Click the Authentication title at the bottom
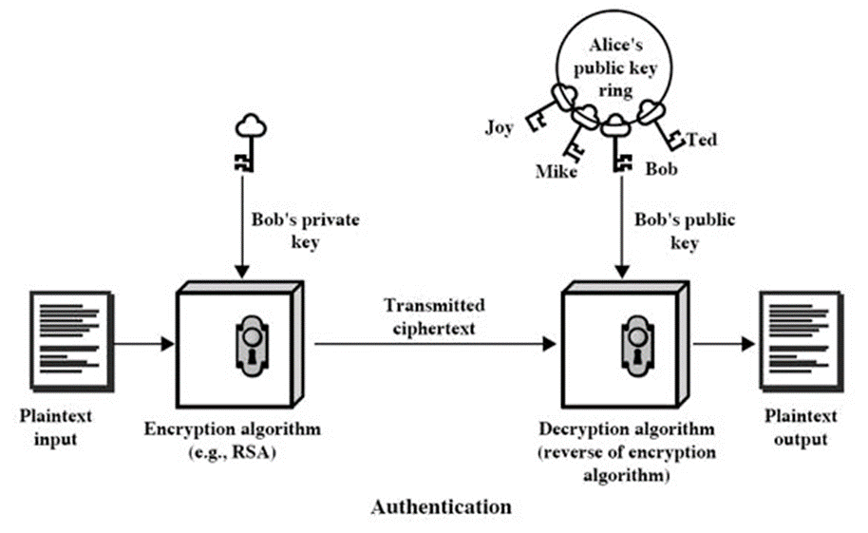(442, 507)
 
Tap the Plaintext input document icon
(72, 342)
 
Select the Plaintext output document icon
(802, 342)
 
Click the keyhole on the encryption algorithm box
(252, 346)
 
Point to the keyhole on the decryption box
(637, 346)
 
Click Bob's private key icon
(250, 143)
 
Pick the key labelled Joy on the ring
(548, 107)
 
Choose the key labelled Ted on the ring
(662, 124)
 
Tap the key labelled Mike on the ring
(579, 133)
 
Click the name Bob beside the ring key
(662, 168)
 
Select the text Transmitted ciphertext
(434, 316)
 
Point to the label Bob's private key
(306, 231)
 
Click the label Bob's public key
(685, 231)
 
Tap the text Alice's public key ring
(615, 67)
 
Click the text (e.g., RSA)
(233, 452)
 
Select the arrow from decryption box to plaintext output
(724, 344)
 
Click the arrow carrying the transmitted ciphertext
(435, 344)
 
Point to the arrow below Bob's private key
(242, 226)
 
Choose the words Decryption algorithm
(627, 428)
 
